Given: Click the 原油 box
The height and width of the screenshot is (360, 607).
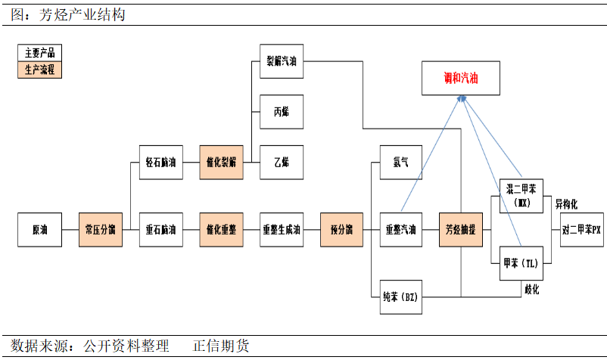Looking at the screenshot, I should [x=39, y=230].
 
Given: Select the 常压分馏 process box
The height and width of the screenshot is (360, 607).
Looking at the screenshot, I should [x=101, y=230].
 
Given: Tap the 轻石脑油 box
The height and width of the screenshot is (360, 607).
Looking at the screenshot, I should [x=161, y=162].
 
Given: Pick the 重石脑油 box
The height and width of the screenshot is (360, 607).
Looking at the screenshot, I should [x=161, y=230].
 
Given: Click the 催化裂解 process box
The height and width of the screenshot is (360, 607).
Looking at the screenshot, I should [x=221, y=162].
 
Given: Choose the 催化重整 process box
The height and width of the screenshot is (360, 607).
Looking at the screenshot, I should [x=221, y=230].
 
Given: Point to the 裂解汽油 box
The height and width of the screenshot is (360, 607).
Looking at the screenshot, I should [x=282, y=62].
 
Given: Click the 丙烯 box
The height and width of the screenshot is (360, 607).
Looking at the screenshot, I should [x=282, y=112].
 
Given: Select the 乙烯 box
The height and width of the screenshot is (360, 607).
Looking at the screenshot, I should [x=282, y=162].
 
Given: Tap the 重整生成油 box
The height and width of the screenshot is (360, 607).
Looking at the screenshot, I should [x=282, y=230].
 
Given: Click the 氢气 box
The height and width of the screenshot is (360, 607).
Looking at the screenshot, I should [x=401, y=162].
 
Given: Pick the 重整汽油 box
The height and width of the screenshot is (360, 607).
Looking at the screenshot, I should [x=401, y=230].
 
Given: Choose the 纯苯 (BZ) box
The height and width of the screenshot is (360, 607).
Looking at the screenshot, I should [x=401, y=296].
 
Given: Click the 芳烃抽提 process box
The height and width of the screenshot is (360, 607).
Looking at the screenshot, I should [x=461, y=230].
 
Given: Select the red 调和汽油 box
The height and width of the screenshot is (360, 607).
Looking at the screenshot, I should [x=461, y=79].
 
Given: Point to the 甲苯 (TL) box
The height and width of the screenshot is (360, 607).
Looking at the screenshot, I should [x=522, y=264].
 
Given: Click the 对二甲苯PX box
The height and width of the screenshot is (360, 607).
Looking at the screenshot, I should [x=581, y=230].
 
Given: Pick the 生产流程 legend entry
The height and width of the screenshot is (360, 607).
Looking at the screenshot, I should [x=40, y=70].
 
